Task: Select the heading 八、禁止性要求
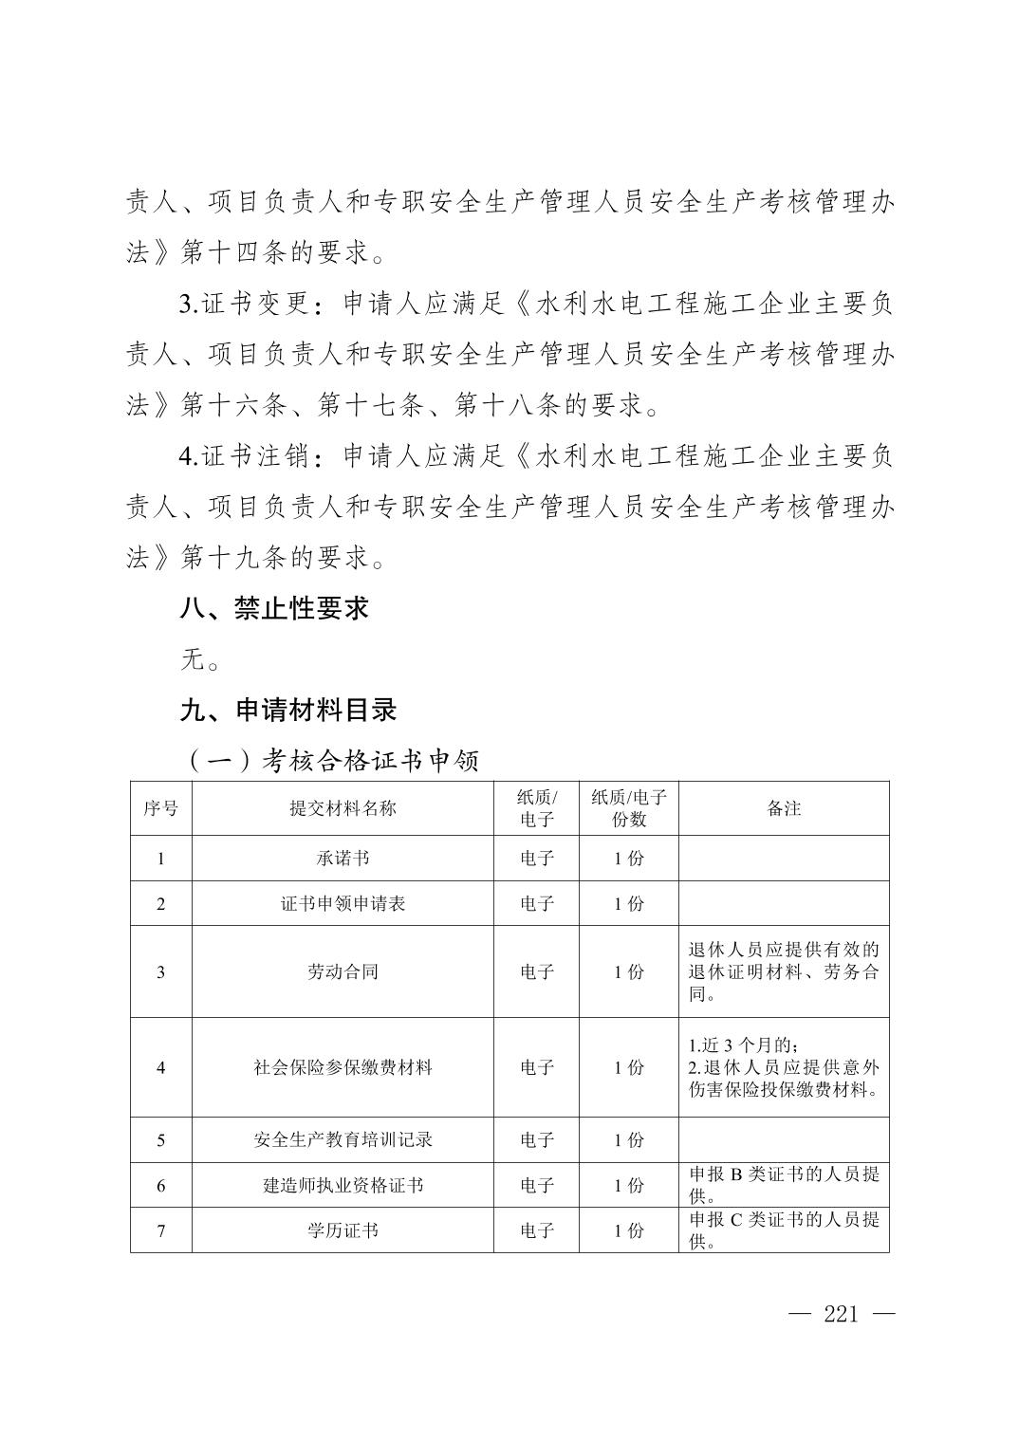click(274, 608)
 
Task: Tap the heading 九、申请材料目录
click(287, 710)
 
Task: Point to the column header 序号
click(160, 808)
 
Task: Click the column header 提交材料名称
click(343, 808)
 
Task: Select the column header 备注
click(784, 808)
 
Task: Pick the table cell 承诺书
click(343, 859)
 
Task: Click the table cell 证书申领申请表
click(343, 904)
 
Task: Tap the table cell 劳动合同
click(343, 971)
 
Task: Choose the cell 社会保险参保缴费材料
click(343, 1067)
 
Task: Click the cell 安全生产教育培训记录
click(343, 1139)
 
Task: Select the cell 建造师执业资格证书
click(343, 1185)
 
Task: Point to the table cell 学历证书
click(343, 1230)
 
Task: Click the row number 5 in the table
click(160, 1139)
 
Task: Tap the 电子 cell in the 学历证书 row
click(536, 1230)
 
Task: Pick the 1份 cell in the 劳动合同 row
click(628, 971)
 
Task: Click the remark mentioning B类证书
click(784, 1184)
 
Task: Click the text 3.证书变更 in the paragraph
click(244, 305)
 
